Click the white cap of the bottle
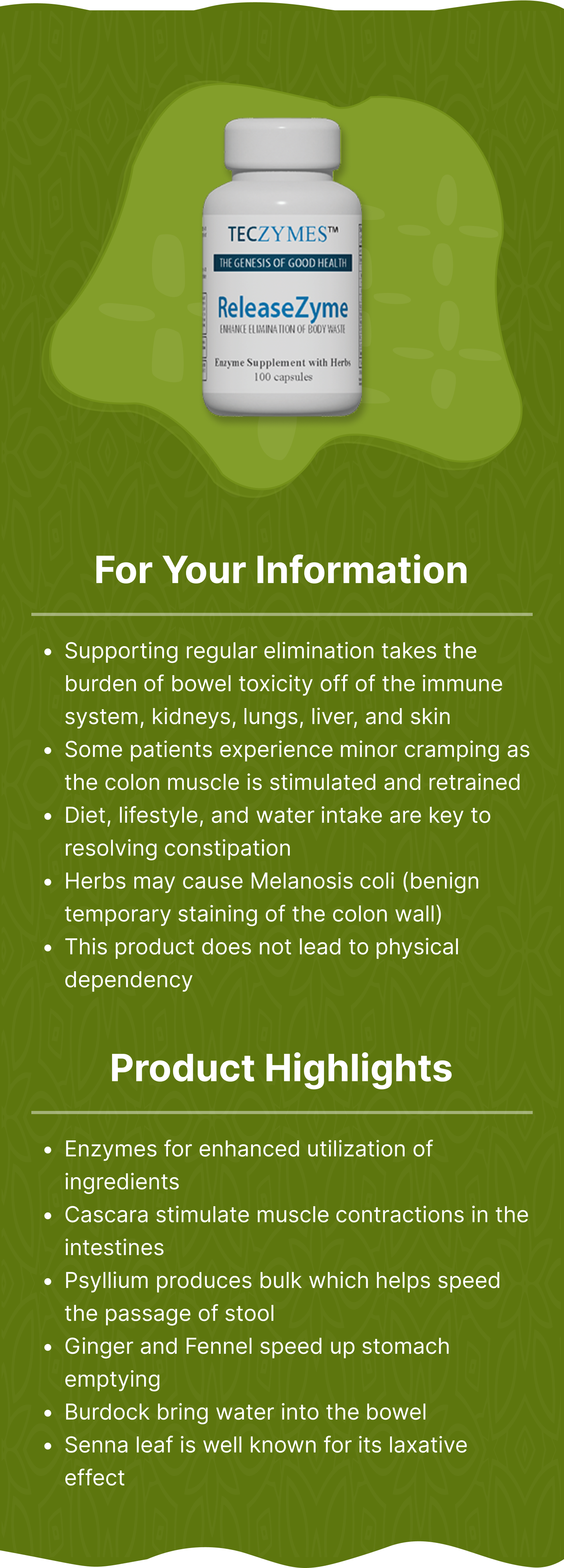point(282,145)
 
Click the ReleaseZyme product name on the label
point(283,308)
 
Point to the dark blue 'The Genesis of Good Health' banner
point(283,263)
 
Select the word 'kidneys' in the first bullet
point(194,717)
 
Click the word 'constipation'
point(178,849)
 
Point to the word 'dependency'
point(128,980)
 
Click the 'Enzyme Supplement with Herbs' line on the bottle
point(283,362)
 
